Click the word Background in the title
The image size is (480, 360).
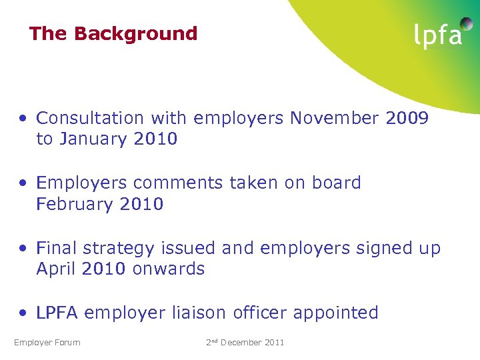136,33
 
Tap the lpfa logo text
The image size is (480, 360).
437,35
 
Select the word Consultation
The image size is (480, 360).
90,118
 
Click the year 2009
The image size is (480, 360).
407,118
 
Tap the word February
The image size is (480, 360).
75,204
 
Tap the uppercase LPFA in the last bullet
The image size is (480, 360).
57,313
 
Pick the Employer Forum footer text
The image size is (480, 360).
47,343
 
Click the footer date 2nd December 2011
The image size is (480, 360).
245,343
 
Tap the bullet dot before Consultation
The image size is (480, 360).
23,119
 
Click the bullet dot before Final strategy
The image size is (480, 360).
23,249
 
